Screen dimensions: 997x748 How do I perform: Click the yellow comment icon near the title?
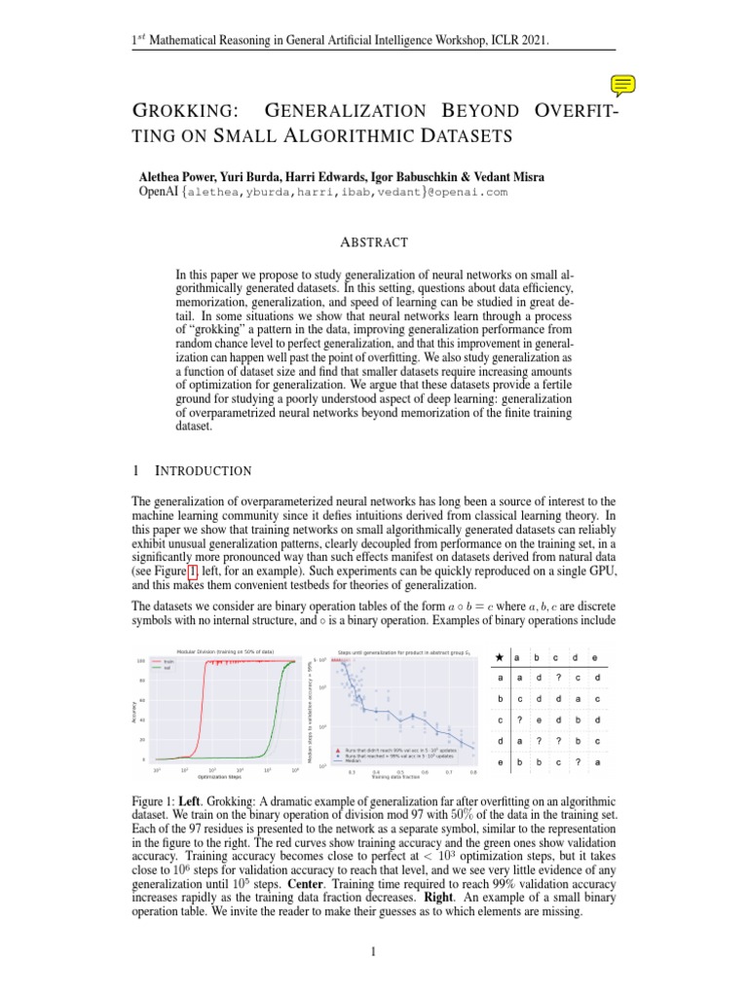pyautogui.click(x=624, y=85)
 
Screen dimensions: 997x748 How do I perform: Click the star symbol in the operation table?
pyautogui.click(x=500, y=656)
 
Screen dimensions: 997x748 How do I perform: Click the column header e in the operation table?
pyautogui.click(x=597, y=656)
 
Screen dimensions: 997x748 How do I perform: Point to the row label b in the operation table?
pyautogui.click(x=500, y=699)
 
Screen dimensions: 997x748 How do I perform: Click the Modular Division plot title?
pyautogui.click(x=225, y=650)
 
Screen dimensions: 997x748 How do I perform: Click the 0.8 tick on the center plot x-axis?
pyautogui.click(x=473, y=772)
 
